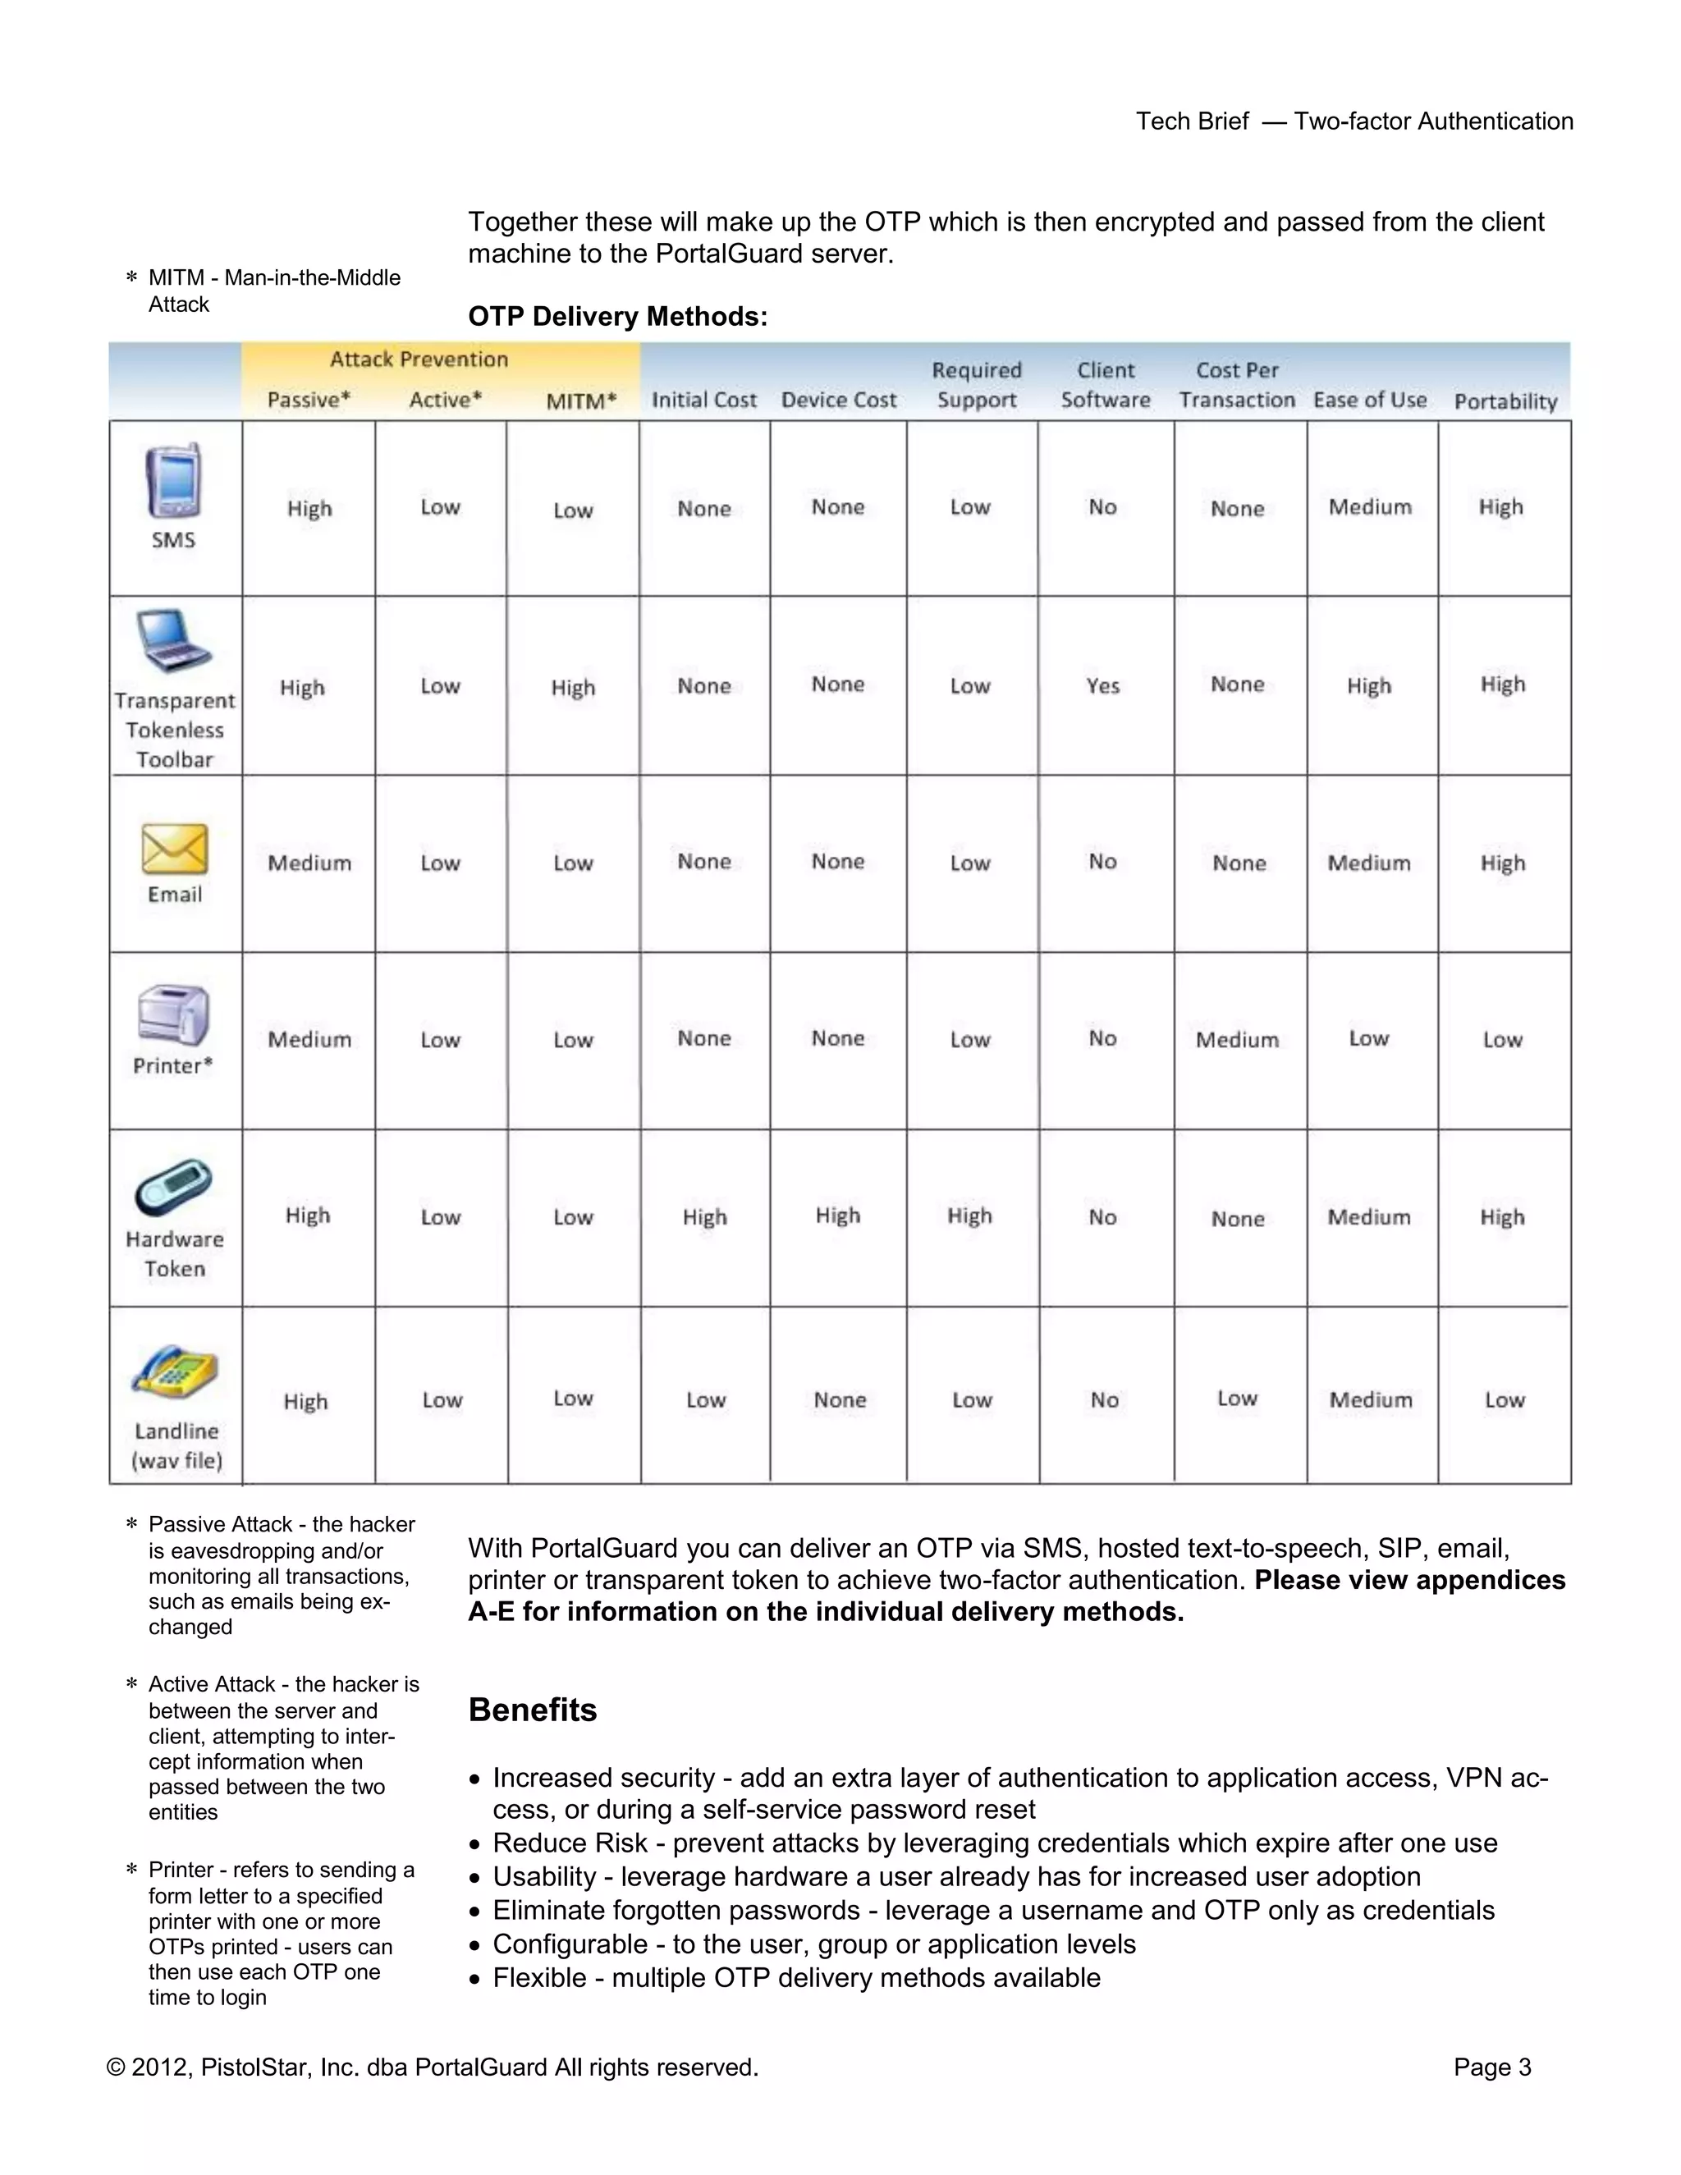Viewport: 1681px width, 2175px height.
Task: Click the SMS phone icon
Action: coord(173,480)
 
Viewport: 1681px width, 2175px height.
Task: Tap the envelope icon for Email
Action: coord(174,849)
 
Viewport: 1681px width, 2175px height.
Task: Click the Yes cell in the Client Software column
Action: coord(1102,686)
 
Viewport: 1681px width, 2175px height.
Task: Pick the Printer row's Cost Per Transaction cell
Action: coord(1237,1040)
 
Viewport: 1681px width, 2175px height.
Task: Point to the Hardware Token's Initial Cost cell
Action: coord(704,1217)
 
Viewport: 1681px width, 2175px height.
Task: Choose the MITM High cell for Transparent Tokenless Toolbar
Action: coord(573,687)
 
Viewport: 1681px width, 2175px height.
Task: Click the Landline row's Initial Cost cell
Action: coord(705,1399)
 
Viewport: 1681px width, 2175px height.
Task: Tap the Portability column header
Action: coord(1505,401)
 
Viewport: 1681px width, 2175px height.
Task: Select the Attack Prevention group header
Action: coord(419,359)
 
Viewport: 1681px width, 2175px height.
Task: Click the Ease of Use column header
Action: coord(1369,401)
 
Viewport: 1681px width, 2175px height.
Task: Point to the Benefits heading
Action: coord(533,1710)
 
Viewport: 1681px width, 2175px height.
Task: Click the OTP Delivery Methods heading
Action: coord(617,317)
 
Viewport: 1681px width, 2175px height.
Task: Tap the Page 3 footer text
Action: coord(1491,2067)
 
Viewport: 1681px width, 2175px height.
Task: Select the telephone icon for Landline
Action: coord(174,1372)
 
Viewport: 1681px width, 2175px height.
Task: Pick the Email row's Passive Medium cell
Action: coord(309,863)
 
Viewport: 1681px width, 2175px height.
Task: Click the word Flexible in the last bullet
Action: coord(538,1978)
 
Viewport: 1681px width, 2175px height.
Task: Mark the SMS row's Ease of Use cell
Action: coord(1369,508)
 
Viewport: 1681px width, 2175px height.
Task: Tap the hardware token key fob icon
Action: coord(173,1187)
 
